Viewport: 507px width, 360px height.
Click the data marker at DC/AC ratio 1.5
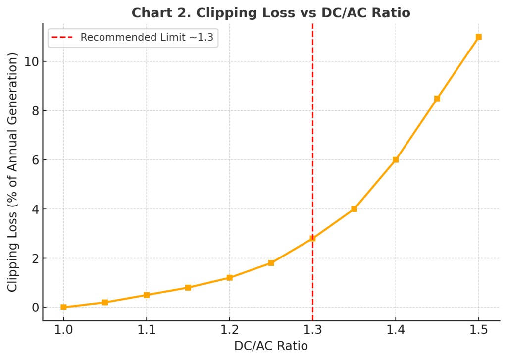[x=478, y=37]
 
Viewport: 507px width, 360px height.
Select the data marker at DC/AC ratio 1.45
[x=437, y=99]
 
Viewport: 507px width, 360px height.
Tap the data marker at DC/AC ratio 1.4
[x=396, y=160]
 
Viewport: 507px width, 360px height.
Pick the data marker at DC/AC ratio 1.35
[x=354, y=209]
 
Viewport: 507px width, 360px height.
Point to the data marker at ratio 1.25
[x=271, y=263]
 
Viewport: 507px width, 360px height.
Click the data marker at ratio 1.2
[x=230, y=278]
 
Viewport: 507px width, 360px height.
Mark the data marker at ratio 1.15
[x=188, y=288]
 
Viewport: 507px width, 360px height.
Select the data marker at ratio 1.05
[x=105, y=302]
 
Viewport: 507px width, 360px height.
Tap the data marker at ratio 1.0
[x=63, y=307]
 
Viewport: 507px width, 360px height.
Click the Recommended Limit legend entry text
[x=147, y=37]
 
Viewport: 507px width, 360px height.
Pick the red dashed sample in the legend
[x=63, y=37]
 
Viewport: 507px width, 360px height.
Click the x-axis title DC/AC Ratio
[x=271, y=346]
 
